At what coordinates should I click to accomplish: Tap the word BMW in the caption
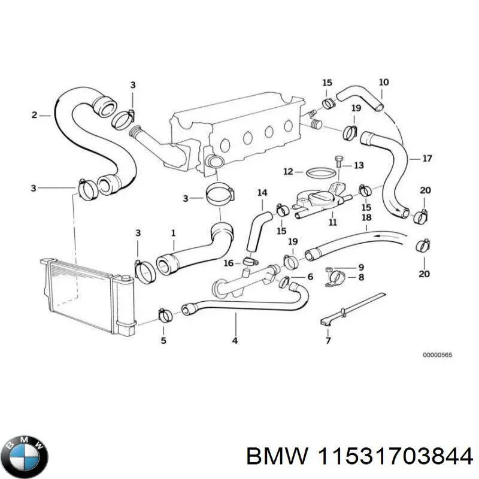268,456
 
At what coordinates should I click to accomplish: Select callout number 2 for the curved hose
35,115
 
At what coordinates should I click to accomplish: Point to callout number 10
384,82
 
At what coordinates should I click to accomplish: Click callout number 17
427,159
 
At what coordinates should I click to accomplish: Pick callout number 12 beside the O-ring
289,171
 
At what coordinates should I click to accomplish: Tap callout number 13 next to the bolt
359,165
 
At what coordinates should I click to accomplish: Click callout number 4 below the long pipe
235,341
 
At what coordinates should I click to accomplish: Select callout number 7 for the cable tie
328,341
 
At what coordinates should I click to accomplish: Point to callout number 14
262,193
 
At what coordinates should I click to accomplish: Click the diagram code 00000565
437,355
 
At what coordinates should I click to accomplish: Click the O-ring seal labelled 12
317,172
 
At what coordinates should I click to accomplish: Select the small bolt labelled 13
339,160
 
